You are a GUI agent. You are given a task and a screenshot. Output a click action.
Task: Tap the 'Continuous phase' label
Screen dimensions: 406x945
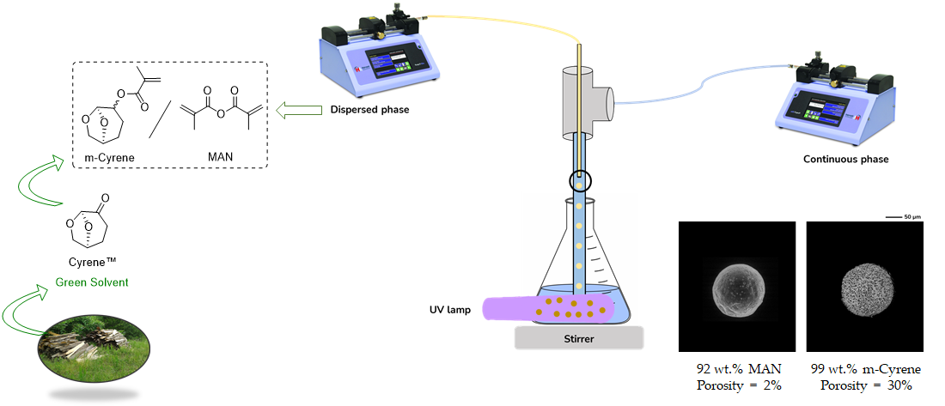(846, 159)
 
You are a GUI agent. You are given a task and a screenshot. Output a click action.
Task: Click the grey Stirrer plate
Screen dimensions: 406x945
(578, 338)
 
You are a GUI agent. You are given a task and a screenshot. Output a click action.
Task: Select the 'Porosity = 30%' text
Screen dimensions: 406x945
(865, 385)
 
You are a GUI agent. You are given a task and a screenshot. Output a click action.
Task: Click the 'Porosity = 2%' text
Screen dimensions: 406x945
(739, 385)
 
